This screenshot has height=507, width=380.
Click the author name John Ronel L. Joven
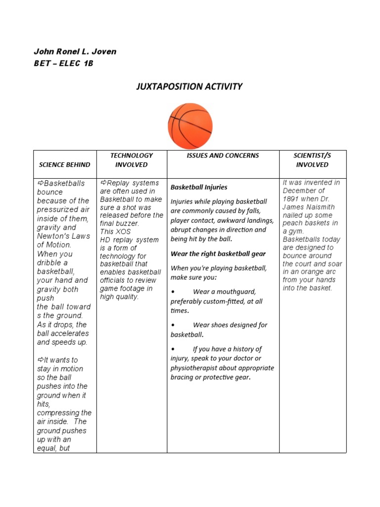(x=75, y=51)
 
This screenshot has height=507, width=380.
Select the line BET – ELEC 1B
(x=63, y=63)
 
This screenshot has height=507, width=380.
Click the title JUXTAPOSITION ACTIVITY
(x=190, y=87)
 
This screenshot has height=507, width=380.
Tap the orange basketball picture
(x=190, y=126)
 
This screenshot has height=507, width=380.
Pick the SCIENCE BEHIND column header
(x=65, y=164)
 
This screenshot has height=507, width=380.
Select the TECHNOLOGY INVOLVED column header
(x=132, y=160)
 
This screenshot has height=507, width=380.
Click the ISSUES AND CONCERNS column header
(x=223, y=155)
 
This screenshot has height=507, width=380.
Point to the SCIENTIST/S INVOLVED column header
(x=312, y=160)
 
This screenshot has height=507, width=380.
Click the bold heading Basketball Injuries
(x=199, y=187)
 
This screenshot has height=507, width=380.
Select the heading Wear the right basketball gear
(x=218, y=253)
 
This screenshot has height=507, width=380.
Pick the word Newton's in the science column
(x=51, y=236)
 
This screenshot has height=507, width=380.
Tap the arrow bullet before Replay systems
(x=103, y=183)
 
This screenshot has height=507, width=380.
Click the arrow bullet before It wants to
(x=41, y=360)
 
